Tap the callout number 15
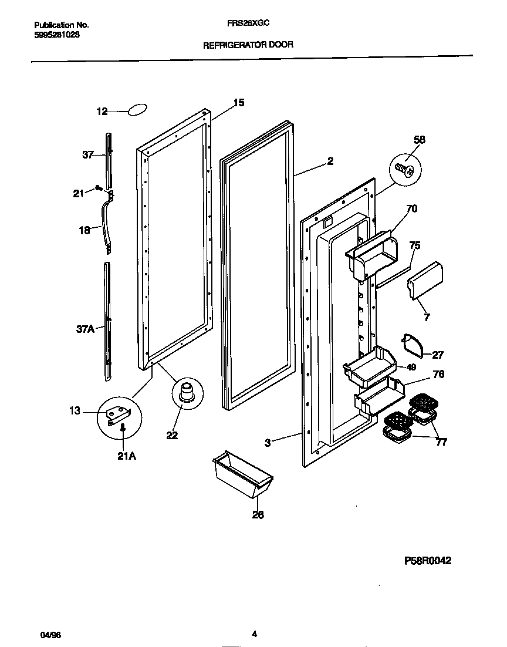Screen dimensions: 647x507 (x=238, y=103)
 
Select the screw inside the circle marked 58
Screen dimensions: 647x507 (x=404, y=170)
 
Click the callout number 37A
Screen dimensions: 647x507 (x=85, y=329)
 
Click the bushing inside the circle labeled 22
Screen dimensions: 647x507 (x=187, y=391)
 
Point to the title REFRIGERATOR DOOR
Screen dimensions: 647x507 (x=248, y=45)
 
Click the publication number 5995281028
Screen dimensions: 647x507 (x=57, y=35)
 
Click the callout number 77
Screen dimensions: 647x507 (x=441, y=442)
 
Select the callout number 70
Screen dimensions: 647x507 (x=411, y=208)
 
